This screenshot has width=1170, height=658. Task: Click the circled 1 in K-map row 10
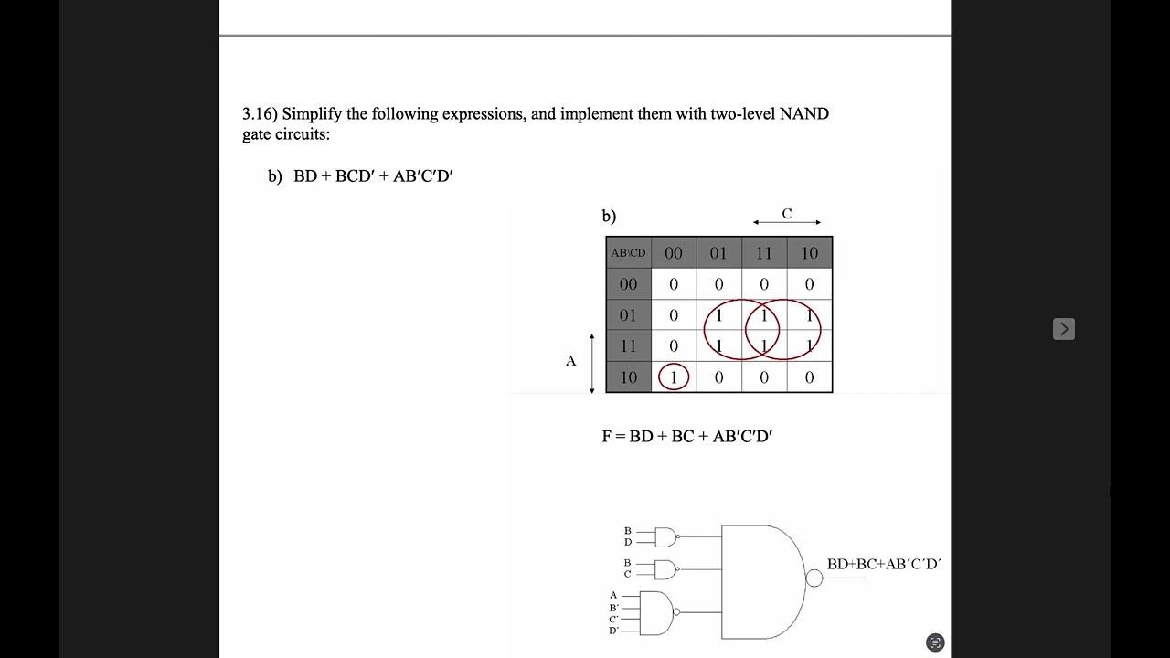point(674,377)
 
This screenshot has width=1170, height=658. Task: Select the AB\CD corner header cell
point(628,253)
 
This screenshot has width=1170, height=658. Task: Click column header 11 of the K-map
point(764,253)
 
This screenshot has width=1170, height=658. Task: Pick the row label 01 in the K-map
point(628,315)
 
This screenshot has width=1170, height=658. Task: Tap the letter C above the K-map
point(786,214)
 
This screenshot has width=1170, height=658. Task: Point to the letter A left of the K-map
point(570,361)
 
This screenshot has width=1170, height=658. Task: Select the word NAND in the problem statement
point(803,114)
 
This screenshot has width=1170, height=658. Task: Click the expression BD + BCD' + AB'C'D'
point(373,176)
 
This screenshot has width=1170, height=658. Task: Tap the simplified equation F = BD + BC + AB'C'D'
point(686,436)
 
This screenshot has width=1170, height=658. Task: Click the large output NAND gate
point(761,581)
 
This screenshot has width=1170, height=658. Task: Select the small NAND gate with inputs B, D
point(666,536)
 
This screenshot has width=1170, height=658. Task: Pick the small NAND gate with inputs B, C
point(666,569)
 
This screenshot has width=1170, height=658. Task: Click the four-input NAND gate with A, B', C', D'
point(658,612)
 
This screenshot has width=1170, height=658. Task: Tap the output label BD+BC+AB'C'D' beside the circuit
point(883,564)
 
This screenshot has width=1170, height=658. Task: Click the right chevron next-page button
point(1063,329)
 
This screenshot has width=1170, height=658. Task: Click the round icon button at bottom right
point(934,642)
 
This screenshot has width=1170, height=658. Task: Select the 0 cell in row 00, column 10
point(809,284)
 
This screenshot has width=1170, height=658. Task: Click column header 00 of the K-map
point(674,253)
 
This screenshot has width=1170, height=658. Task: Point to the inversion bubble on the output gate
point(814,578)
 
